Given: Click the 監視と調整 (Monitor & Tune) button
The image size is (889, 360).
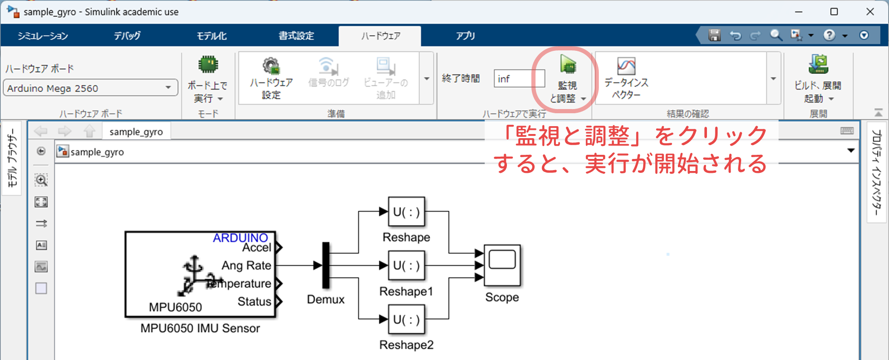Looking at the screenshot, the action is [x=567, y=79].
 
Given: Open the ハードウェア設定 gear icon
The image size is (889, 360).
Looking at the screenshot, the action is [x=271, y=66].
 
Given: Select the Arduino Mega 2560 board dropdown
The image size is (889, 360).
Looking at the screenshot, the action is [x=91, y=88].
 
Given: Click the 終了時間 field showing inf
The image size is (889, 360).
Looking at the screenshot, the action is [x=519, y=79].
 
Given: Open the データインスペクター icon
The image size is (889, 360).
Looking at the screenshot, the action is [x=626, y=66].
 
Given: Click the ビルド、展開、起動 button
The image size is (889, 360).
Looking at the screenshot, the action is [x=818, y=79].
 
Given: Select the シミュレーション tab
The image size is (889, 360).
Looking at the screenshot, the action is [x=43, y=36].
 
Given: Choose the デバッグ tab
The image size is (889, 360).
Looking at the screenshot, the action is [x=127, y=36].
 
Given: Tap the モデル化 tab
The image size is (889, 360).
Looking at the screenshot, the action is [x=212, y=36].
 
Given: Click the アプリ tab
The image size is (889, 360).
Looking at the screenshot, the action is [x=465, y=36].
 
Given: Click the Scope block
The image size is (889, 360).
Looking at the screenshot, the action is [x=502, y=265].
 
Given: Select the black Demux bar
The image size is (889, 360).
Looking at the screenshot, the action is [x=326, y=265].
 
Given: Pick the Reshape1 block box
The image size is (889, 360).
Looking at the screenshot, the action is [x=406, y=266].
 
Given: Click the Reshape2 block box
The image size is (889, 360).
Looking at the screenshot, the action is [x=406, y=319].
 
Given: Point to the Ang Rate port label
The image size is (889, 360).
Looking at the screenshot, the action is [x=246, y=265].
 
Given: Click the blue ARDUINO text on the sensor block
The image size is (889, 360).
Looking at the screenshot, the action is [x=240, y=238].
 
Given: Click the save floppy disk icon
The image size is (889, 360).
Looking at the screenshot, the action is [x=714, y=35].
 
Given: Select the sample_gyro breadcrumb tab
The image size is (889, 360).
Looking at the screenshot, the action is [x=136, y=132].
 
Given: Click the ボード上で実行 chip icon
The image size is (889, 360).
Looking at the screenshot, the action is [x=208, y=65].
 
